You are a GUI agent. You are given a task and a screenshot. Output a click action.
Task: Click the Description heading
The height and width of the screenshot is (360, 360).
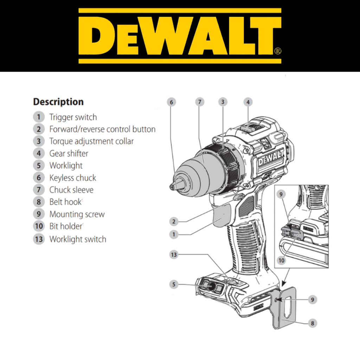click(x=58, y=102)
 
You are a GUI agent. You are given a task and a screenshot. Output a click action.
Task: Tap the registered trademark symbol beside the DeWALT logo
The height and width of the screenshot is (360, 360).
click(x=278, y=51)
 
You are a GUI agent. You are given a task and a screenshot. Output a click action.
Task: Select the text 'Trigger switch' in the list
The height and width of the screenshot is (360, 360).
click(x=73, y=117)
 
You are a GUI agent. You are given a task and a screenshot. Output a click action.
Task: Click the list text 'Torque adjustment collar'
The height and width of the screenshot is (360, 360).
click(x=91, y=141)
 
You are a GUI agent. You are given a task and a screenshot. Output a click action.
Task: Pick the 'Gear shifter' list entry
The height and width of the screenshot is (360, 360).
click(x=69, y=153)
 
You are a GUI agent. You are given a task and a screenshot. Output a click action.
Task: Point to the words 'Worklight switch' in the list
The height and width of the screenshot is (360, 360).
click(x=78, y=239)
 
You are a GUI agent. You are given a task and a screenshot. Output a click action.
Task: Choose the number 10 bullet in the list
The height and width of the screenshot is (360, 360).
click(x=39, y=226)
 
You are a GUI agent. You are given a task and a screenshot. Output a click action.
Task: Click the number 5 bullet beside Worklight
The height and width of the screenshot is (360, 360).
click(x=39, y=166)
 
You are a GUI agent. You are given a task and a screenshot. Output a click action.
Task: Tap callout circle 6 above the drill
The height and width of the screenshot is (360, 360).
click(x=171, y=102)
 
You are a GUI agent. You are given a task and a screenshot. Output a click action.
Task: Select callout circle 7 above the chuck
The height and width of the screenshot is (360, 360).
click(x=200, y=102)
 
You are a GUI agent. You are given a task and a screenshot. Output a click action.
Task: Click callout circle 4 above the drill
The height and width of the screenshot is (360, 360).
click(x=248, y=102)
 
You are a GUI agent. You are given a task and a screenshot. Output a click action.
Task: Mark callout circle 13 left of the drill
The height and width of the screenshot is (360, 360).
click(x=174, y=255)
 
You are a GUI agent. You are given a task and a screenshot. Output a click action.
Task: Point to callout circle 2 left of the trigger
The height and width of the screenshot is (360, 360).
click(x=174, y=221)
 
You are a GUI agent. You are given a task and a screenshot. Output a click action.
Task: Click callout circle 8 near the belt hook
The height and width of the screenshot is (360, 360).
click(x=312, y=323)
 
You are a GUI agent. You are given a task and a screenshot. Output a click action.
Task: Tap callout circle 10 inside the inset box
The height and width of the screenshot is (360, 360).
click(x=282, y=261)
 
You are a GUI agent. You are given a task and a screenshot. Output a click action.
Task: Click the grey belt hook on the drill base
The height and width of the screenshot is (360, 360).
click(x=284, y=308)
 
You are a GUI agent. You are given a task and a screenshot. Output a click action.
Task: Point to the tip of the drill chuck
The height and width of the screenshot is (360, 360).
click(x=171, y=187)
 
